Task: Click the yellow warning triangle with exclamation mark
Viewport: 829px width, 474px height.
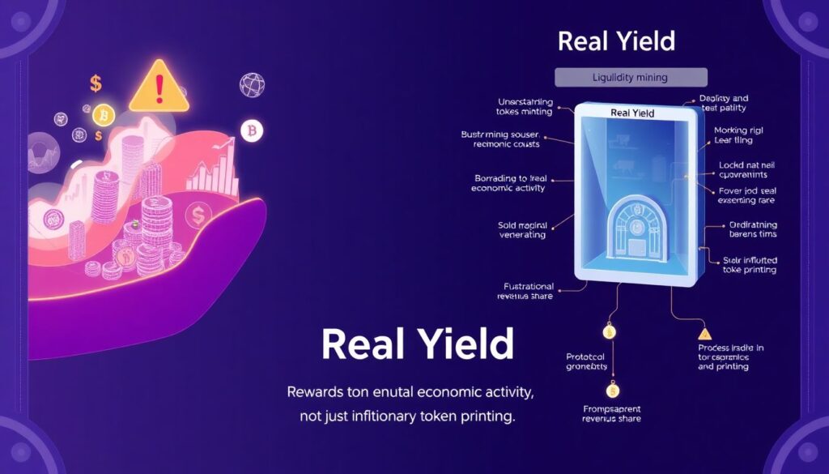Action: point(159,86)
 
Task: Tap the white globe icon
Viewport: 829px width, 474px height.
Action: point(253,85)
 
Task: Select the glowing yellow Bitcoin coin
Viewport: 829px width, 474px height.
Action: point(103,114)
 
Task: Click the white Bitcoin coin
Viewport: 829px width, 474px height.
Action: point(253,130)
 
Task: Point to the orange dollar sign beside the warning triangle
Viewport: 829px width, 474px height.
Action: point(96,83)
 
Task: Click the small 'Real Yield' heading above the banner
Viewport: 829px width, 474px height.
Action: point(617,41)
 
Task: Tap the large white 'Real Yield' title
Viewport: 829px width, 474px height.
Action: point(417,344)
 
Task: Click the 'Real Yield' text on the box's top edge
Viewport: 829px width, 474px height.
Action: point(631,113)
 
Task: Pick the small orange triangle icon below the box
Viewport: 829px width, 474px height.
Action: point(704,332)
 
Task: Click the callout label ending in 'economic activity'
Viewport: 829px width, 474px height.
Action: point(508,182)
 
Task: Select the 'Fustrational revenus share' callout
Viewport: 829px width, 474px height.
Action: point(518,291)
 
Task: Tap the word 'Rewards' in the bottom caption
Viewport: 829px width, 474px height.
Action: point(320,393)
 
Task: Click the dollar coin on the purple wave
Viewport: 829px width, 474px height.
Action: point(197,215)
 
